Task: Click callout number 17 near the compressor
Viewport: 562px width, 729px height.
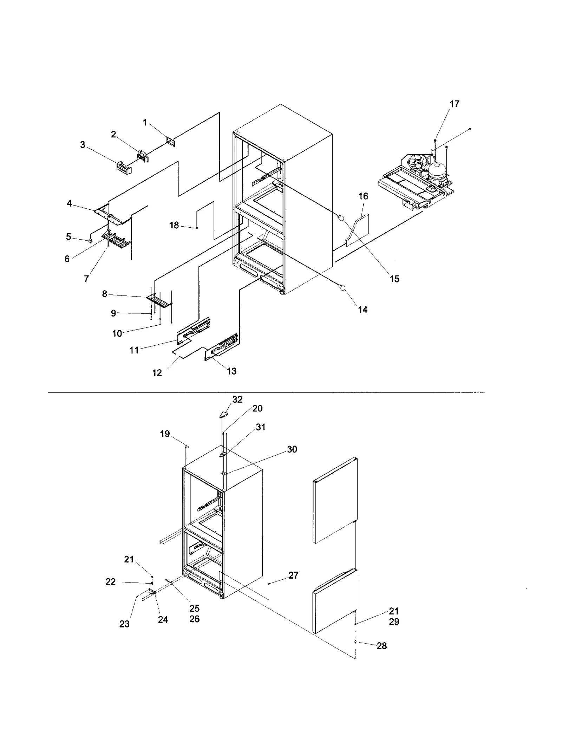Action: [454, 104]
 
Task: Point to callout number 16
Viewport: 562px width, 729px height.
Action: [363, 196]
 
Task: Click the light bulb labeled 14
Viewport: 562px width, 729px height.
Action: [342, 288]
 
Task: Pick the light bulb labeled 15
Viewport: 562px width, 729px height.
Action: [340, 218]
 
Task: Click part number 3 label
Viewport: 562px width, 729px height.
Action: [83, 145]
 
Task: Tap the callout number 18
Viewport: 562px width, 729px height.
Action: [174, 225]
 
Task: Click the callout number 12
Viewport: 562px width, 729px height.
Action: [157, 373]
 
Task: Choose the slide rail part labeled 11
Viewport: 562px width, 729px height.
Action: [194, 330]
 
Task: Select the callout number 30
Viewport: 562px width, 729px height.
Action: [292, 449]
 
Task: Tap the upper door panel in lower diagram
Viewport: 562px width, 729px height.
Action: [335, 500]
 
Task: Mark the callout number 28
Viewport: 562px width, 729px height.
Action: [381, 646]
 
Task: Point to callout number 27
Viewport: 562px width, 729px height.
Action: [293, 575]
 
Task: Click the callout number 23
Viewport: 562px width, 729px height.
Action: [124, 624]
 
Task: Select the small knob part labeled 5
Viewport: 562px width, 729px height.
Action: [90, 241]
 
